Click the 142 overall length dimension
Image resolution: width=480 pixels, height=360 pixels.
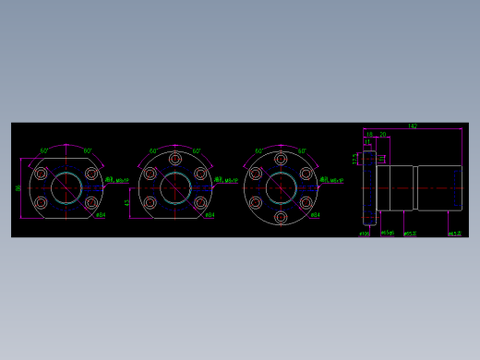[x=412, y=126]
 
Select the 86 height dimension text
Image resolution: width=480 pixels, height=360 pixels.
[x=18, y=188]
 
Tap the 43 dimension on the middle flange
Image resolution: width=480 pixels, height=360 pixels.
[x=127, y=202]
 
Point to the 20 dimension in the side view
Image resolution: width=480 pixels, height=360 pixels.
[x=382, y=135]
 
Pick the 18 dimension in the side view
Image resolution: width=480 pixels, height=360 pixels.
[x=369, y=135]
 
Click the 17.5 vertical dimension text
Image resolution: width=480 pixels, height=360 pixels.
[x=355, y=159]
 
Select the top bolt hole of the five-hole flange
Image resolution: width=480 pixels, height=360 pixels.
[x=175, y=159]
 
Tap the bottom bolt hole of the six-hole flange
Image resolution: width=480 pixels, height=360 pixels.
[x=281, y=217]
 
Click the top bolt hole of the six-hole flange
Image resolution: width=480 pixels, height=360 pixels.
[x=281, y=159]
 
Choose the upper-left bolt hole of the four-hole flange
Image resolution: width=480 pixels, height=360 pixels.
[x=41, y=174]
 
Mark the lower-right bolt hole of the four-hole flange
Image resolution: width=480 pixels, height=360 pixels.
[x=91, y=202]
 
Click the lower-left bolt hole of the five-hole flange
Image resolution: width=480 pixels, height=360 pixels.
[x=150, y=202]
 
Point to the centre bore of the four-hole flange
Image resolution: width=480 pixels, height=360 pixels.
[x=66, y=188]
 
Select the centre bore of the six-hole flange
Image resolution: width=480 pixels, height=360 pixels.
[x=281, y=188]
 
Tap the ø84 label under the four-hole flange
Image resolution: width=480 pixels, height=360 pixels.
[x=101, y=215]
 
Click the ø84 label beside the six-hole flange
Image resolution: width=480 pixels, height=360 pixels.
[x=315, y=215]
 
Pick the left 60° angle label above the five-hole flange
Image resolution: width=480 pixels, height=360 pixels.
[x=153, y=151]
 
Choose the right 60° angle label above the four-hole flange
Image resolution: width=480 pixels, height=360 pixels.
[x=88, y=151]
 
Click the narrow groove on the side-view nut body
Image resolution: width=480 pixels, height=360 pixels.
[x=415, y=187]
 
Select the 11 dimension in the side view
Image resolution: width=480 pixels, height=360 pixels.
[x=366, y=141]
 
